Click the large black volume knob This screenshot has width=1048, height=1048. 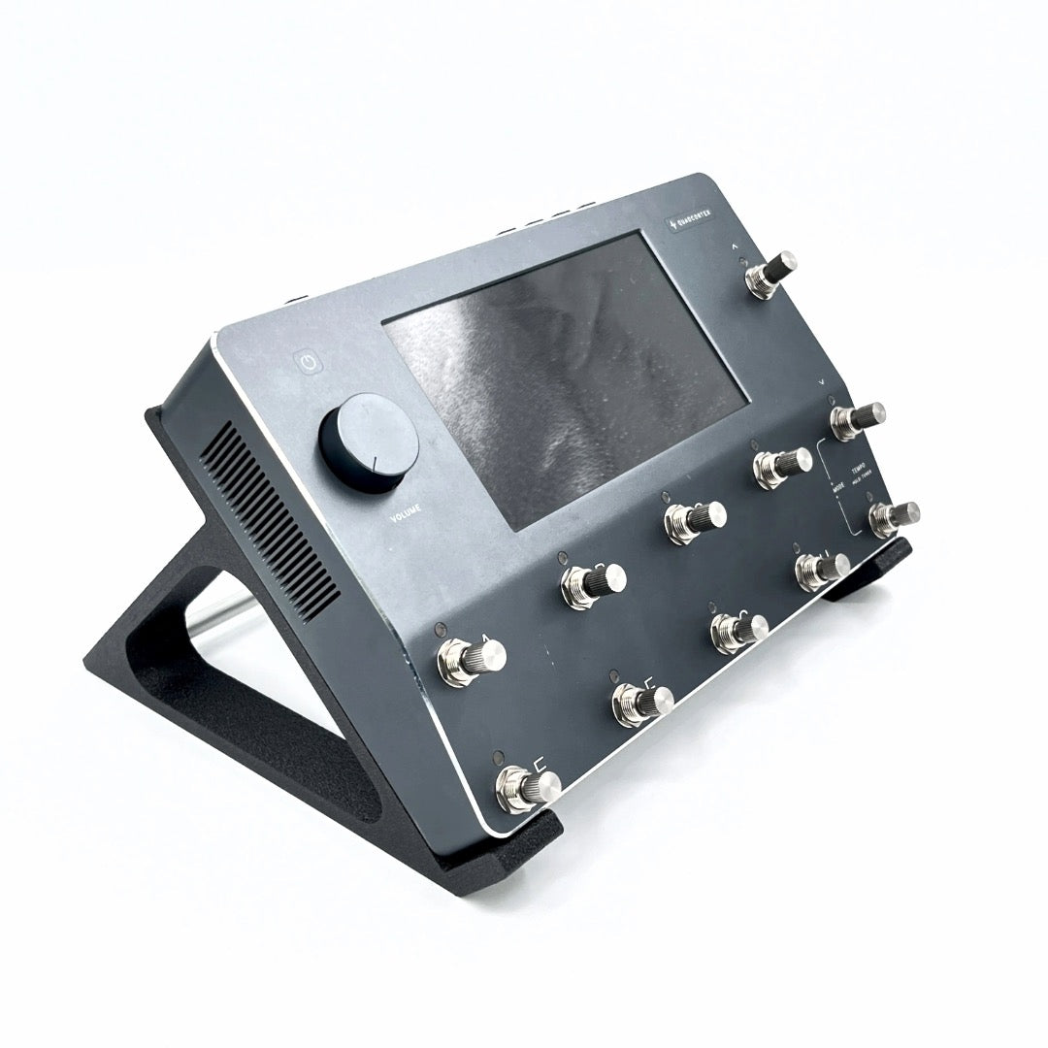point(368,442)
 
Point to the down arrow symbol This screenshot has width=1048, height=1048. point(822,383)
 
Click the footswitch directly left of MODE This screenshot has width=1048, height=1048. point(781,467)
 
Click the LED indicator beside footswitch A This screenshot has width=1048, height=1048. point(441,626)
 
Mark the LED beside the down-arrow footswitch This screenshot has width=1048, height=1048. point(833,399)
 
